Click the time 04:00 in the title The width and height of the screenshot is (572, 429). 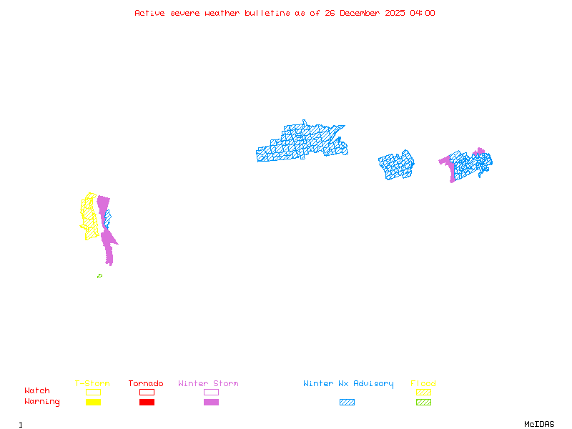tap(423, 13)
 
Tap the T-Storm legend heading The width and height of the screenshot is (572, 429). tap(92, 384)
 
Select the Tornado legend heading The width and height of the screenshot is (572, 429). tap(146, 384)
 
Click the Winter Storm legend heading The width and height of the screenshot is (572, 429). tap(208, 384)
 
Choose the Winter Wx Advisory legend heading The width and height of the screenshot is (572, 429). tap(348, 384)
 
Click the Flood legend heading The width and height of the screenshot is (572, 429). tap(423, 384)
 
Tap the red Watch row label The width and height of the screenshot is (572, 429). tap(37, 391)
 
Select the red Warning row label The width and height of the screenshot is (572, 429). tap(42, 402)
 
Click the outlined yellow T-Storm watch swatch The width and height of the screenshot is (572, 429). tap(93, 392)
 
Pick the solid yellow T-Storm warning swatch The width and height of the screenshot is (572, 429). tap(93, 403)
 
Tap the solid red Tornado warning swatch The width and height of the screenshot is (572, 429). tap(147, 403)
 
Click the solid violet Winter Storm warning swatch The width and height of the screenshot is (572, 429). tap(211, 403)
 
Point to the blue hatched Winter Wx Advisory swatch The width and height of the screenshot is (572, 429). tap(347, 403)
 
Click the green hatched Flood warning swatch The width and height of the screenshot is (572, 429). tap(423, 403)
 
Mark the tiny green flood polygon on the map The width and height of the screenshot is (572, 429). tap(99, 276)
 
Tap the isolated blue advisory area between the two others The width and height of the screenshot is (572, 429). tap(396, 165)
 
